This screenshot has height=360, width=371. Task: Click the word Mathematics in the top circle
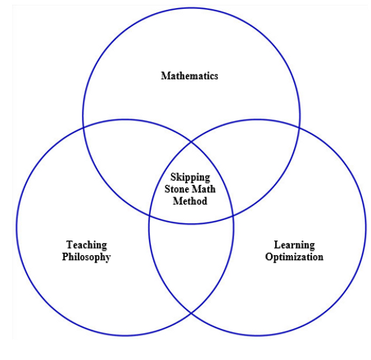click(189, 76)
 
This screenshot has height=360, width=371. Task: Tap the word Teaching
click(86, 245)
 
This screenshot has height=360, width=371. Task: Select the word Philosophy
click(86, 256)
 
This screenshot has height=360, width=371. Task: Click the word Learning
click(293, 245)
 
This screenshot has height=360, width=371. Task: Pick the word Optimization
click(293, 257)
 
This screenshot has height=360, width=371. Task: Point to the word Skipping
click(190, 177)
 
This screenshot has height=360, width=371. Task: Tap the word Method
click(190, 201)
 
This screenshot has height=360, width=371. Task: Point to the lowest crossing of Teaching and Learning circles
click(191, 313)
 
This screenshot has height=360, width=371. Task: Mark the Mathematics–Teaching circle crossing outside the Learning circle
click(84, 128)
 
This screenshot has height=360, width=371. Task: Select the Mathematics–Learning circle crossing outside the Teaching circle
click(299, 128)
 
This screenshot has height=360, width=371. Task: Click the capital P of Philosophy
click(66, 256)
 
